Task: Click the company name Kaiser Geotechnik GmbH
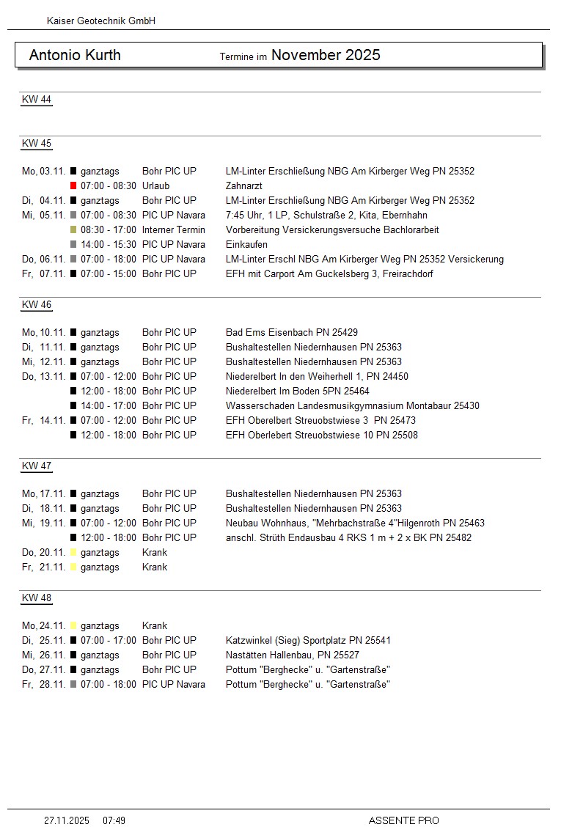(100, 21)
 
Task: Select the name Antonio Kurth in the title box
(75, 55)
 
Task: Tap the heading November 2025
(326, 55)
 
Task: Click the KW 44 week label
(37, 100)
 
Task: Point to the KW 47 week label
(37, 466)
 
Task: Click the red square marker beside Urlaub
(73, 186)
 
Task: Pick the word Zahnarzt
(243, 186)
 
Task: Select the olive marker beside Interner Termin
(73, 230)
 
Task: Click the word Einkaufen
(246, 245)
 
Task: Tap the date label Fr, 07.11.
(43, 274)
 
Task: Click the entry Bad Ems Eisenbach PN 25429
(292, 333)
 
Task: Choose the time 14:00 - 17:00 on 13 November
(109, 406)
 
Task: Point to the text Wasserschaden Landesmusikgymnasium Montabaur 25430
(352, 406)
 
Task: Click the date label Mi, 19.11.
(43, 523)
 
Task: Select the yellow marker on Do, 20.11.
(73, 553)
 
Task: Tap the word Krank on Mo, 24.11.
(155, 626)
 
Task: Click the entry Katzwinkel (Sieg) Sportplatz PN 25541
(308, 641)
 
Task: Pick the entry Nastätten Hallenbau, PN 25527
(293, 655)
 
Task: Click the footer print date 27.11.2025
(67, 820)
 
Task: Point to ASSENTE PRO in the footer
(403, 820)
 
